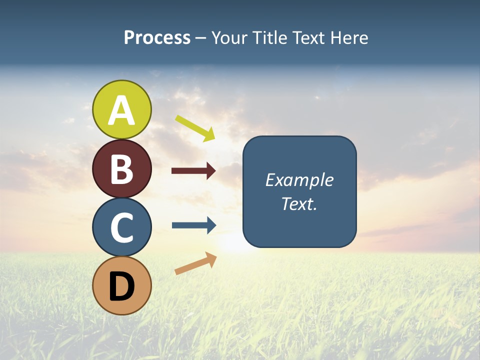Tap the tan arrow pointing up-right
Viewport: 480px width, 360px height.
[x=195, y=263]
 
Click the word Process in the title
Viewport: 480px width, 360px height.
[x=157, y=38]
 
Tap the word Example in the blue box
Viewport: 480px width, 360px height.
[x=299, y=180]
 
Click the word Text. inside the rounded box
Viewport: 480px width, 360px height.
[x=299, y=203]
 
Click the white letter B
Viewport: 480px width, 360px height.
[x=122, y=169]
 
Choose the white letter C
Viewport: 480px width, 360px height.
[x=122, y=227]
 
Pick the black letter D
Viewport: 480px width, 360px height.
[x=122, y=286]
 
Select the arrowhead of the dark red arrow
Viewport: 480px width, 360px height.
[x=211, y=171]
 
